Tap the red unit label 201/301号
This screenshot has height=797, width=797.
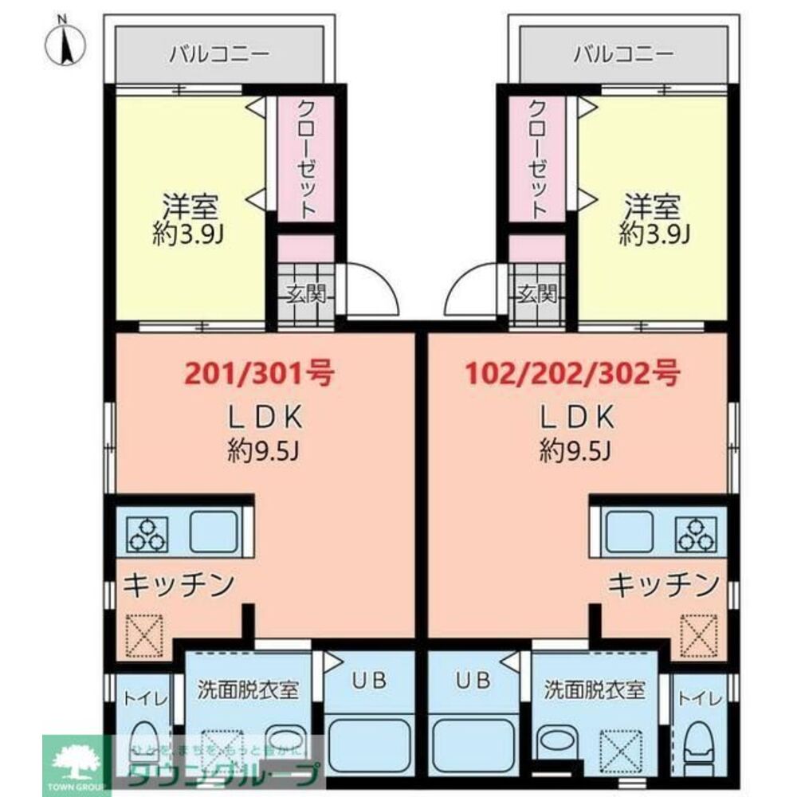[x=258, y=371]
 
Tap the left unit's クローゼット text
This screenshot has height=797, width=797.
[x=306, y=160]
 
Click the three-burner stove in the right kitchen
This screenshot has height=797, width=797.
[x=695, y=533]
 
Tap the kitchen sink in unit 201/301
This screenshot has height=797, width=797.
[x=214, y=531]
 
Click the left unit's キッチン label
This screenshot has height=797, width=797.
[x=179, y=584]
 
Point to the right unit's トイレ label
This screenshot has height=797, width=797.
[x=699, y=698]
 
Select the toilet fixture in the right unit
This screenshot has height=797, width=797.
[x=699, y=749]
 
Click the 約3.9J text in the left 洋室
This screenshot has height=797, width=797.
[x=189, y=234]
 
